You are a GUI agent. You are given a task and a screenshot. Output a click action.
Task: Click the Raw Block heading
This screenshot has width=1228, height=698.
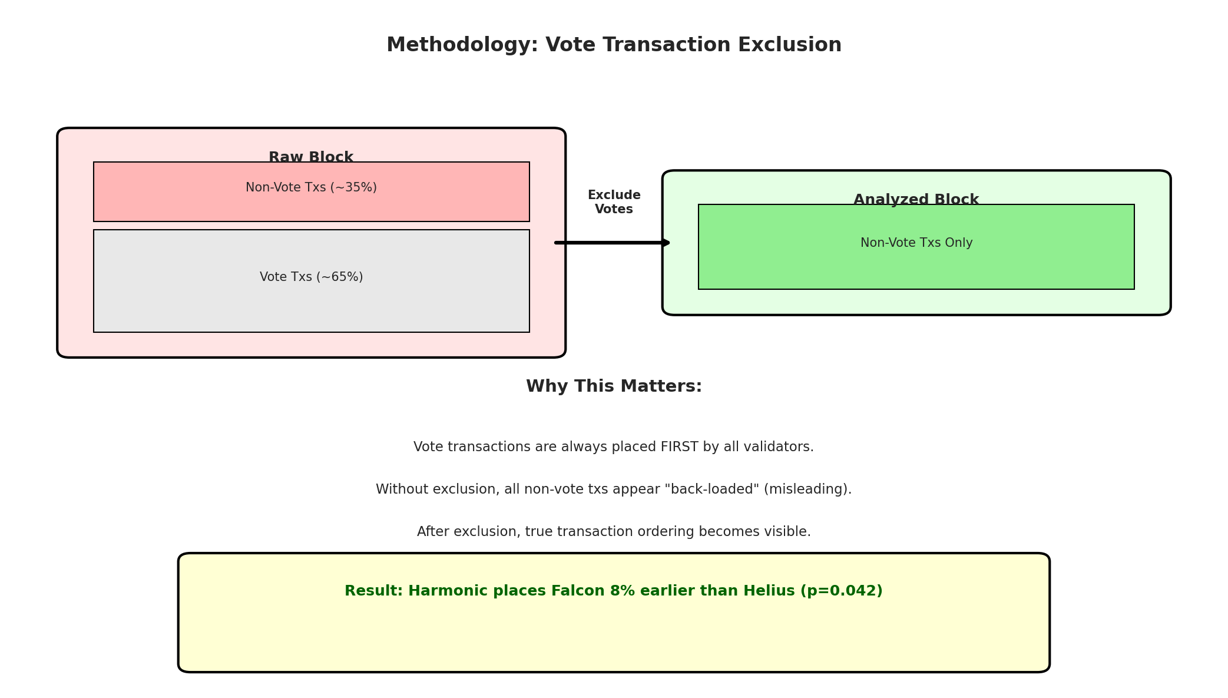click(311, 157)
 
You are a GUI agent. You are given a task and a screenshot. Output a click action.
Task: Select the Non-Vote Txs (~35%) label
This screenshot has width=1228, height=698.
click(311, 188)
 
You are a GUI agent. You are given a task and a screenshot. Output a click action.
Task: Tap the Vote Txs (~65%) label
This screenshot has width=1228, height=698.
click(311, 277)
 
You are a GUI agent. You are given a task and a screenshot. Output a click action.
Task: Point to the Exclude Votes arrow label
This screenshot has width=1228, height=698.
click(614, 202)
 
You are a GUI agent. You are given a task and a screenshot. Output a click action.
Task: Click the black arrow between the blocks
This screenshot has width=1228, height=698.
click(613, 243)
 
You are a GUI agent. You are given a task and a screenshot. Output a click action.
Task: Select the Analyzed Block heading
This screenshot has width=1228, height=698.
click(916, 200)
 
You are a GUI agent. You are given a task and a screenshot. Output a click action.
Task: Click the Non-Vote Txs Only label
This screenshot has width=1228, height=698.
click(916, 243)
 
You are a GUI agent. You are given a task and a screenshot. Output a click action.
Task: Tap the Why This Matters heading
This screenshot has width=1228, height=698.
click(614, 386)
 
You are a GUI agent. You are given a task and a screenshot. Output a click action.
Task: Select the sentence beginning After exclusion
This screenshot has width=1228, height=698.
click(614, 532)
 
